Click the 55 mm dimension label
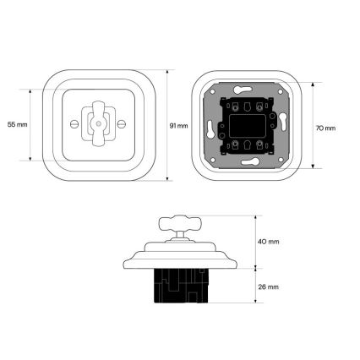18,124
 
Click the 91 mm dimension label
178,126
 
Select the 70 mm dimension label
325,128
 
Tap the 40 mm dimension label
269,242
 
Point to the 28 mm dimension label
269,287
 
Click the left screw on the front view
74,123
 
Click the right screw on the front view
122,123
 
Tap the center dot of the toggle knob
98,123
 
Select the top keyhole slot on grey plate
243,90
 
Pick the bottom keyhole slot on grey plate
250,161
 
